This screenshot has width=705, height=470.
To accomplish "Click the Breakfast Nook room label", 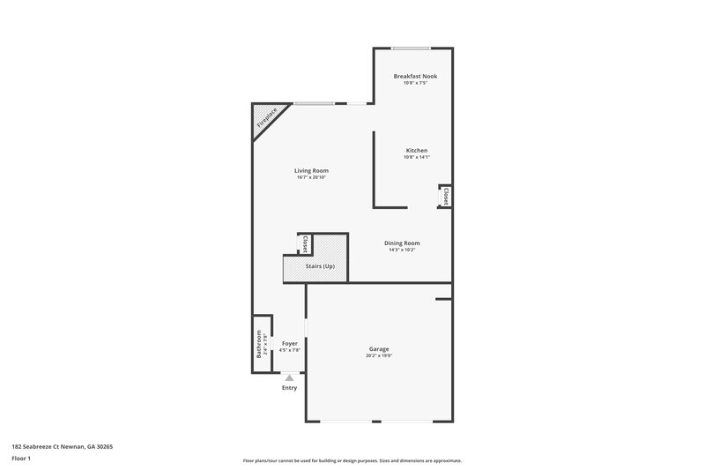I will coord(414,76).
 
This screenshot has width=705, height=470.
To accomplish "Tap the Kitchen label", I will coord(416,150).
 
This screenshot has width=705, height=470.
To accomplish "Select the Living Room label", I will coord(311,170).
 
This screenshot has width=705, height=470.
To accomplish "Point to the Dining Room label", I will coord(402,242).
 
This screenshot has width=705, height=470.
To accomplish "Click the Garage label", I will coord(379,348).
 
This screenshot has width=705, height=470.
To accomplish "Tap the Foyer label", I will coord(289,343).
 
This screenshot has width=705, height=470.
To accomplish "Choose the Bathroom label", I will coord(259,343).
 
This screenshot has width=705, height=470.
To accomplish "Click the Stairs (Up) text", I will coord(320,266).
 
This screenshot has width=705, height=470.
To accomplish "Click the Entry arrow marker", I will coord(289,377).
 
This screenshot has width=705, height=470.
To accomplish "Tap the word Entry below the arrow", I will coord(289,388).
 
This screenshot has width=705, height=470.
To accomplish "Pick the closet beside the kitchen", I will coord(446,196).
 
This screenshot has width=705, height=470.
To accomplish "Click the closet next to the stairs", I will coord(305,243).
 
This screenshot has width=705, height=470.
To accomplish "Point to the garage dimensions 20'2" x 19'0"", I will coord(379,355).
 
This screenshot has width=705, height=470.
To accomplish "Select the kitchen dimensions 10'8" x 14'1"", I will coord(416,157).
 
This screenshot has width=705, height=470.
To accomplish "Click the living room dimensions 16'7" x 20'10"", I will coord(311,177).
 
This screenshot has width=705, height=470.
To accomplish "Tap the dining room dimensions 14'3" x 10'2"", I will coord(402,250).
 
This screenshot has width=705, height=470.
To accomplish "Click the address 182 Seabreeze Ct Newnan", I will coord(62,446).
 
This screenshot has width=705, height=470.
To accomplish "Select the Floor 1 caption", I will coord(21,459).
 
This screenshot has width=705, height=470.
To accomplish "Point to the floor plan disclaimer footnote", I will coord(352,460).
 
